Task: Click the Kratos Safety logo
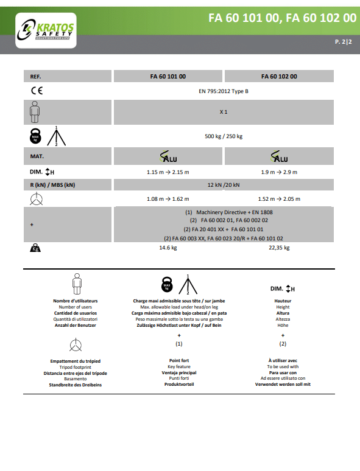point(46,30)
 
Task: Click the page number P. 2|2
point(344,42)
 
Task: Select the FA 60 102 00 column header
point(279,76)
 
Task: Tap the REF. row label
point(35,77)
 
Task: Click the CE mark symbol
point(37,91)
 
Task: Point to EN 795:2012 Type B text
point(224,91)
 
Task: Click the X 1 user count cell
point(224,112)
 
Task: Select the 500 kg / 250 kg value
point(224,136)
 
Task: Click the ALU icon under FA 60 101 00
point(168,156)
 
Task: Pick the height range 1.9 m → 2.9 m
point(279,172)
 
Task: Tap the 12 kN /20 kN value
point(224,185)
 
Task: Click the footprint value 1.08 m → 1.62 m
point(168,199)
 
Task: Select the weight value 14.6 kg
point(168,248)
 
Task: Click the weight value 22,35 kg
point(279,248)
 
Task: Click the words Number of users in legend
point(75,307)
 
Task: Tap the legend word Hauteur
point(283,301)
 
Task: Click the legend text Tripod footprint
point(75,368)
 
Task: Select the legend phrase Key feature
point(179,367)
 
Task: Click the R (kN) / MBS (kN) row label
point(52,185)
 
